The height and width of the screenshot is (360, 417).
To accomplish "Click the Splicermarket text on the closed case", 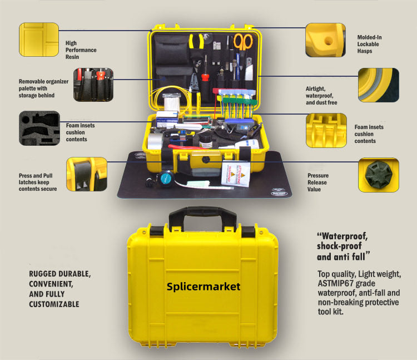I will click(x=203, y=287).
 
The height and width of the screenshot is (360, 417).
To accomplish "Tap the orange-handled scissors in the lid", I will click(x=242, y=42).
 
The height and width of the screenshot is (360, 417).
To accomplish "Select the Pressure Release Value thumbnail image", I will click(x=378, y=175).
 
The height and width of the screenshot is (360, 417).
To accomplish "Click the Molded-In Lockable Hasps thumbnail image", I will click(x=325, y=40).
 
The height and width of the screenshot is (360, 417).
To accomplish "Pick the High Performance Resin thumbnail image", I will click(x=39, y=40).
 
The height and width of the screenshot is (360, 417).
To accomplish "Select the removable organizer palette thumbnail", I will click(x=93, y=85).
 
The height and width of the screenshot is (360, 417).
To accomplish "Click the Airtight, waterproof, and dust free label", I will click(x=321, y=95).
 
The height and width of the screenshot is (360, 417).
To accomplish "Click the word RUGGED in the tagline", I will click(x=44, y=274).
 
